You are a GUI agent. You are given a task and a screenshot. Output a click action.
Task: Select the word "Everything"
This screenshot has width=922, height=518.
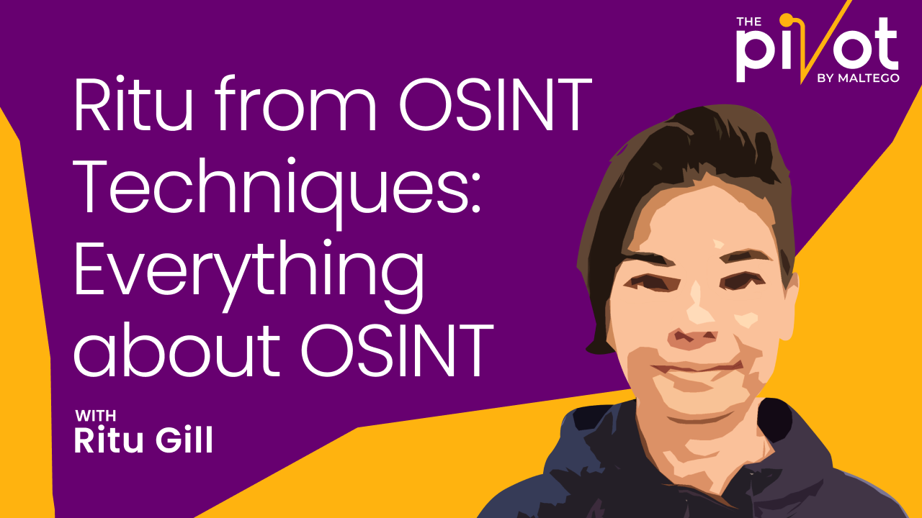[x=249, y=276]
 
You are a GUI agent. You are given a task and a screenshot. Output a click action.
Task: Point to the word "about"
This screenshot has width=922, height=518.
[x=177, y=350]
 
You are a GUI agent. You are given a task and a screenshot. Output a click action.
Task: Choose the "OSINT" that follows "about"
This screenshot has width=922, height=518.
[x=398, y=350]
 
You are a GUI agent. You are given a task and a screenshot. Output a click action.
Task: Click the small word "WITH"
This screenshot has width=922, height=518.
[x=96, y=416]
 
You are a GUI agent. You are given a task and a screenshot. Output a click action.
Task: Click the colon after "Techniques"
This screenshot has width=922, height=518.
[x=475, y=196]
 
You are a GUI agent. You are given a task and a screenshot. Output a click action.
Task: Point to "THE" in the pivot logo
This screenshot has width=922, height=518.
[x=748, y=22]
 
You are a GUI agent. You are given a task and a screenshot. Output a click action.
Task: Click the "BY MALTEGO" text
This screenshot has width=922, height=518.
[x=858, y=78]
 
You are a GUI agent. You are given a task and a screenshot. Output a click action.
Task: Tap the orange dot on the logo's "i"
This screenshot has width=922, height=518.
[x=786, y=19]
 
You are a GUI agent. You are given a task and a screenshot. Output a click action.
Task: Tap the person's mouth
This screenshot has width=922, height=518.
[x=697, y=367]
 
